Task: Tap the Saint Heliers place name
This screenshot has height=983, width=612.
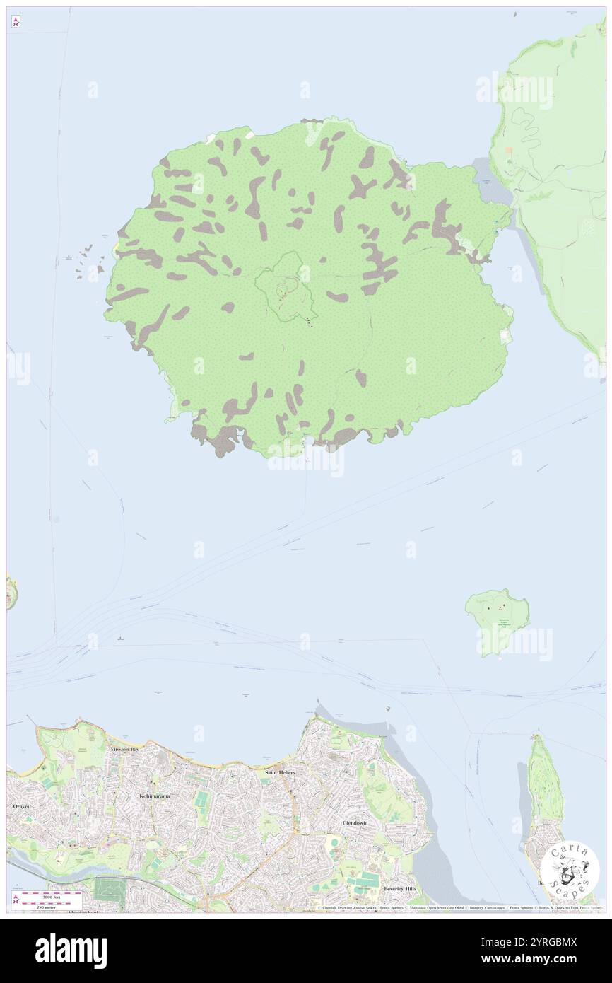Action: pyautogui.click(x=279, y=772)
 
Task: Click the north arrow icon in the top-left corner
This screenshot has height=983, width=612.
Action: pyautogui.click(x=16, y=23)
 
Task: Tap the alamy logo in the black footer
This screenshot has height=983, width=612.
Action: pyautogui.click(x=71, y=950)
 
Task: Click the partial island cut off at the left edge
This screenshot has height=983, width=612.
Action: pyautogui.click(x=11, y=593)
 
